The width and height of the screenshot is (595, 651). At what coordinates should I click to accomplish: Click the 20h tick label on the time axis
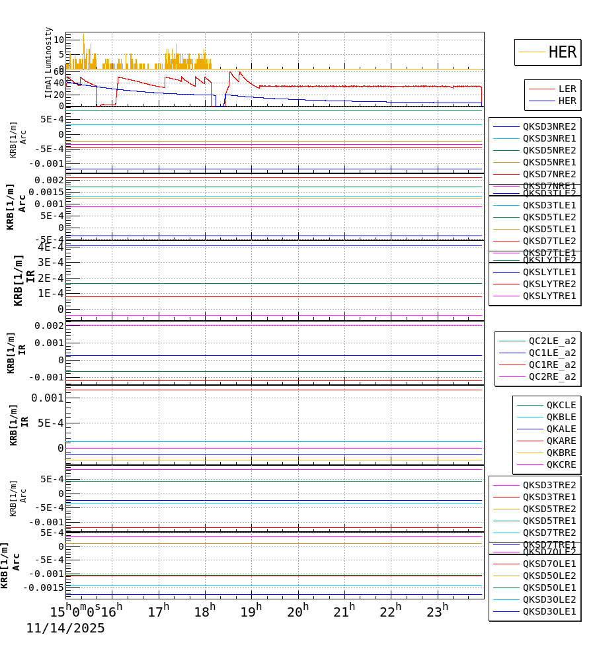[297, 612]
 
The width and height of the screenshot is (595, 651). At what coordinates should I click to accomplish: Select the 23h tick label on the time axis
[437, 612]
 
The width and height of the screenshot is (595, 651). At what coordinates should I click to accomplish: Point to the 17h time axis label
[158, 612]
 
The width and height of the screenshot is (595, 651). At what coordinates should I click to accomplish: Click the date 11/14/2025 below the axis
[65, 629]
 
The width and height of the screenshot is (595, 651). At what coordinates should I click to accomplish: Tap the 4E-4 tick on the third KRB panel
[51, 247]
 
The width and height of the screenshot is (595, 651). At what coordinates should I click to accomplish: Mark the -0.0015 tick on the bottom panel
[44, 587]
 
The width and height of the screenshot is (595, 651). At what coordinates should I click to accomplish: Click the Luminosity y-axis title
[49, 50]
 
